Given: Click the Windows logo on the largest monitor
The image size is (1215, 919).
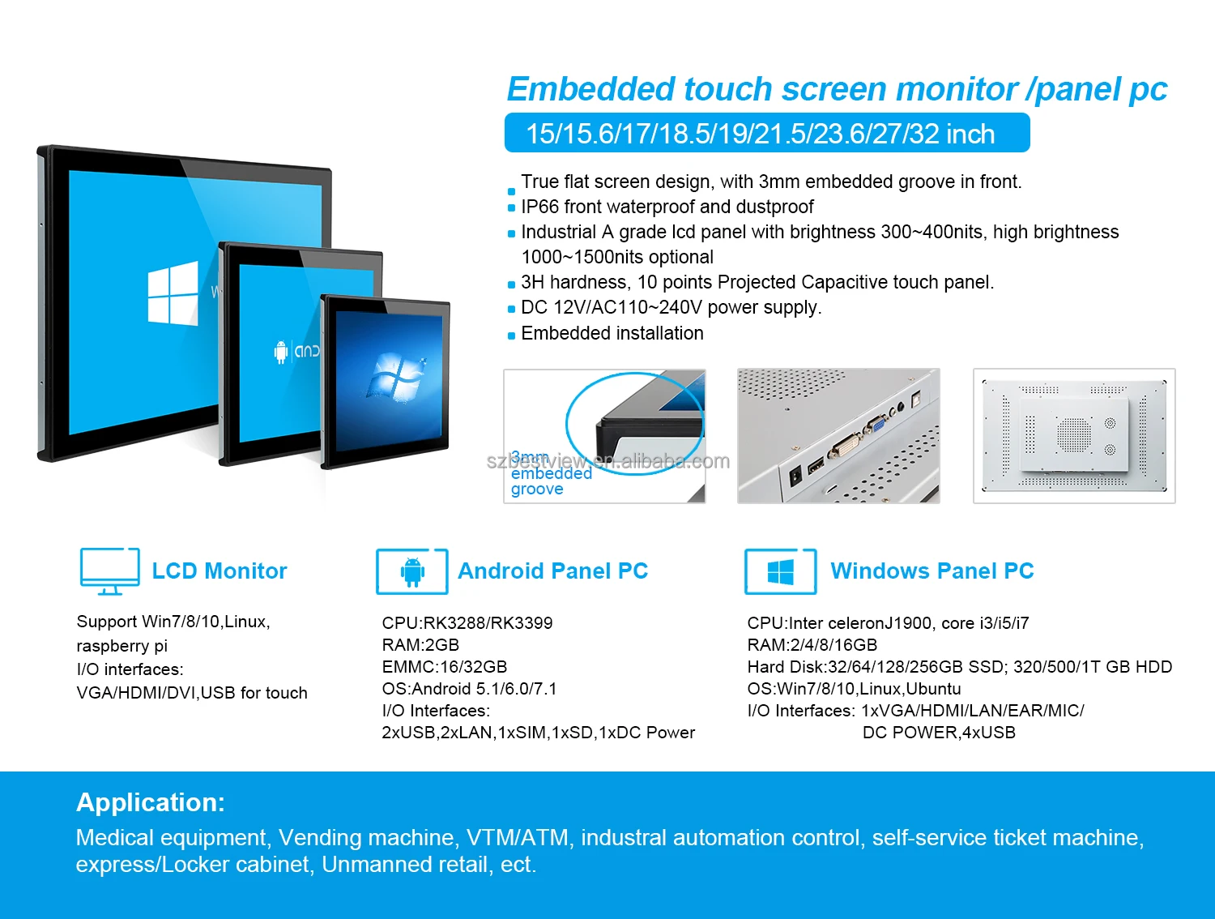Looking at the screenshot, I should click(173, 293).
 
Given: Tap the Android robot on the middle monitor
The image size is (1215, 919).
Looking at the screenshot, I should click(281, 352).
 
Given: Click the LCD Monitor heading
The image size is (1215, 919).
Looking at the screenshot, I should click(220, 571).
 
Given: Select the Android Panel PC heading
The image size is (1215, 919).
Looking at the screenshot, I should click(552, 571).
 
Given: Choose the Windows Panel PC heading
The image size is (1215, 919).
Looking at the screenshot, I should click(932, 571).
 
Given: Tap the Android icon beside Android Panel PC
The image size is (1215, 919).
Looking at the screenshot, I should click(412, 571).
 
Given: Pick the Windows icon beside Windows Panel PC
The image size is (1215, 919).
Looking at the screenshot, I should click(780, 572).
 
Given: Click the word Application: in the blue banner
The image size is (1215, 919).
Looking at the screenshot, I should click(151, 802).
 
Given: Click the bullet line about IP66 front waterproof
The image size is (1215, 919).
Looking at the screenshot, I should click(667, 207).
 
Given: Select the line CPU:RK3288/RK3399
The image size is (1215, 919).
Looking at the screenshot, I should click(467, 623).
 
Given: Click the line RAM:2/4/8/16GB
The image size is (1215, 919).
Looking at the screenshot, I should click(812, 645).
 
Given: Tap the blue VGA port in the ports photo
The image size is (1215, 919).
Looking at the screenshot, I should click(875, 425).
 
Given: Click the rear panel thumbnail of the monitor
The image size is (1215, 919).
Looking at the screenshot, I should click(1073, 436).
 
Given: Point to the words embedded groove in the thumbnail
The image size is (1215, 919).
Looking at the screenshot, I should click(551, 481).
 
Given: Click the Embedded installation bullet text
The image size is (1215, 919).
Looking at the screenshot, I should click(612, 333).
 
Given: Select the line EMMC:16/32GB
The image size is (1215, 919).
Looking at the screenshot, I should click(444, 667).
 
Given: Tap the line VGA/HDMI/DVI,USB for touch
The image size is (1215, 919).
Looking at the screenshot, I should click(192, 693).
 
